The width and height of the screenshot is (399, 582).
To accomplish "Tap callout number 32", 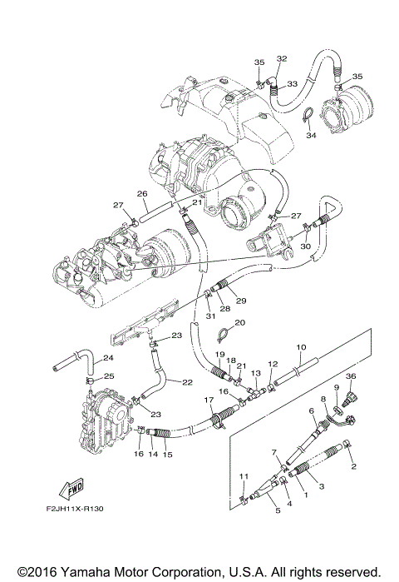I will (x=282, y=58).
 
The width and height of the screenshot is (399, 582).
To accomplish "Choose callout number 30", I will (x=305, y=246).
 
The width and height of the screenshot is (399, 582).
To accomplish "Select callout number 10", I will (x=301, y=346).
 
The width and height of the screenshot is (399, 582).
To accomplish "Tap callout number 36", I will (x=351, y=377).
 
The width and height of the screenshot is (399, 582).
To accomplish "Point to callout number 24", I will (x=109, y=360).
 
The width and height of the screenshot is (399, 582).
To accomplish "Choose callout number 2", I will (x=353, y=467).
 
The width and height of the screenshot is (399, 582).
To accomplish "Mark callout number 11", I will (x=243, y=475).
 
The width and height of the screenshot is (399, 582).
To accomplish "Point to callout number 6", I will (x=311, y=410).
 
